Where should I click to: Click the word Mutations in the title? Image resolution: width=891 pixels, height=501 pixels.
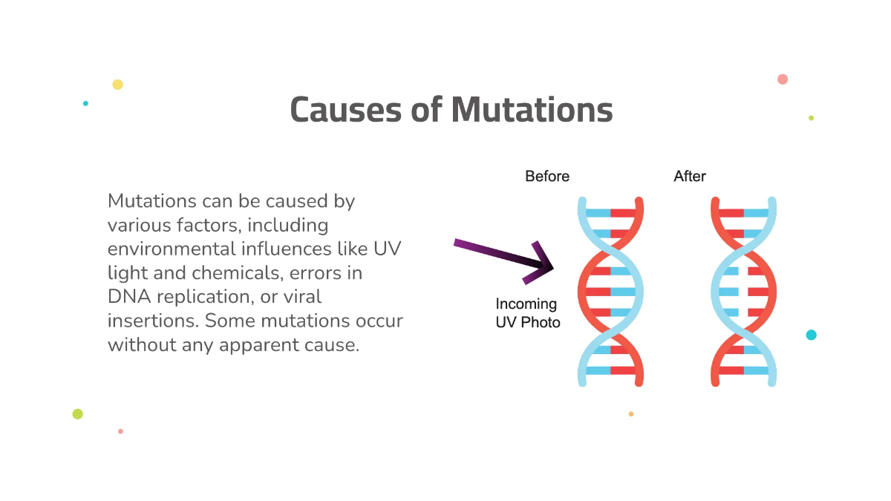coord(532,110)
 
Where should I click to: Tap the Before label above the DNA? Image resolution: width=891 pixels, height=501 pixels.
coord(547,177)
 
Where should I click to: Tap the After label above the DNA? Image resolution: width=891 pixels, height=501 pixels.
coord(690,177)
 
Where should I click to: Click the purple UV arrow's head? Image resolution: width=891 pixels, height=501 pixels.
coord(544,263)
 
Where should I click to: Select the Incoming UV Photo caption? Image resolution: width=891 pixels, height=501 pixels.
coord(528,313)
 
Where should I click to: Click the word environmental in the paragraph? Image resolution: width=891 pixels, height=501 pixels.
coord(169,249)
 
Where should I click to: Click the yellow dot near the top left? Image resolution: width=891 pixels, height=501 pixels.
coord(117,85)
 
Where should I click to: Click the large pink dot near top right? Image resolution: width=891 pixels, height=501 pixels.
coord(783,79)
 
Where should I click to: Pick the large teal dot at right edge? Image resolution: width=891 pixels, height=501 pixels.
coord(812,335)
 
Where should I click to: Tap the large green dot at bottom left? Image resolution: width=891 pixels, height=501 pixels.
coord(78,414)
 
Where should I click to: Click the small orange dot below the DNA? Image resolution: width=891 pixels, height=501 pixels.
coord(631,414)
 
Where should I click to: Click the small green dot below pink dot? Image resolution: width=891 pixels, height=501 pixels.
coord(812,118)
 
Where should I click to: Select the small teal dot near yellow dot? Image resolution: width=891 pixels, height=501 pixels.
coord(85,103)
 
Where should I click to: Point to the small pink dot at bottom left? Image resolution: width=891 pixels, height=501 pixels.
coord(120,431)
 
